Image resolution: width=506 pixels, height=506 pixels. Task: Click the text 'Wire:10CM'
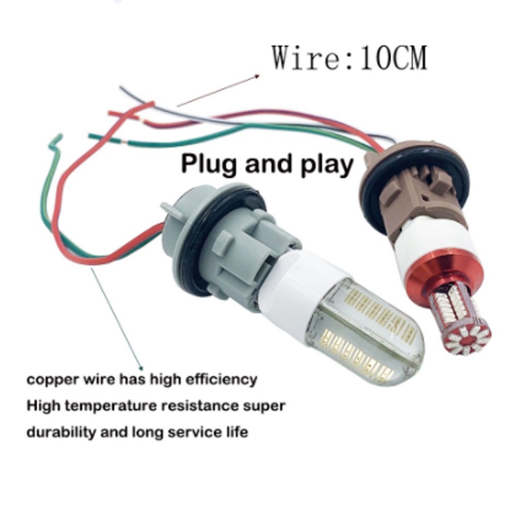click(350, 58)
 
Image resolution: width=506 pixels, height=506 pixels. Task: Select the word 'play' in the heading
click(327, 165)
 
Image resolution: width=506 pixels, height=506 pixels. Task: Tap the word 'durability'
click(60, 432)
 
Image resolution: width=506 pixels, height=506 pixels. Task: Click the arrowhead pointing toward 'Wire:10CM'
click(256, 76)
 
